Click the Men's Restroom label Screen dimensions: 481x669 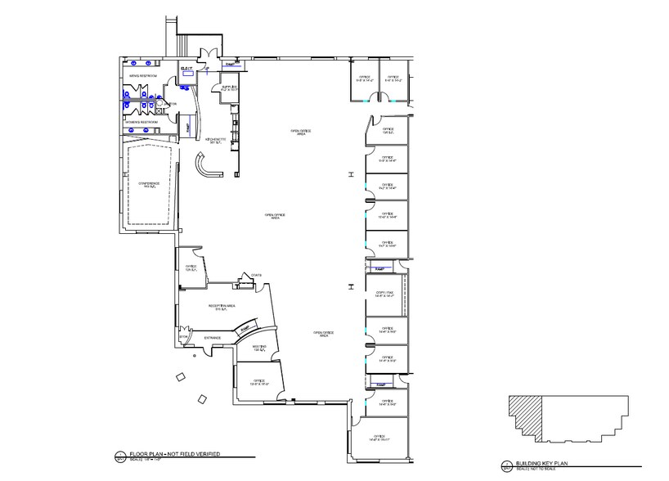pos(142,75)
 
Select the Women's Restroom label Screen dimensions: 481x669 pos(141,122)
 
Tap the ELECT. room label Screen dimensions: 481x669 pos(186,67)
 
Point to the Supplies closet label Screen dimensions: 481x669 pos(228,87)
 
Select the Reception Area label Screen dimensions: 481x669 pos(224,308)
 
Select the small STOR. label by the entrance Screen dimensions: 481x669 pos(182,336)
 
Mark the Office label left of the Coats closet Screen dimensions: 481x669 pos(191,268)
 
